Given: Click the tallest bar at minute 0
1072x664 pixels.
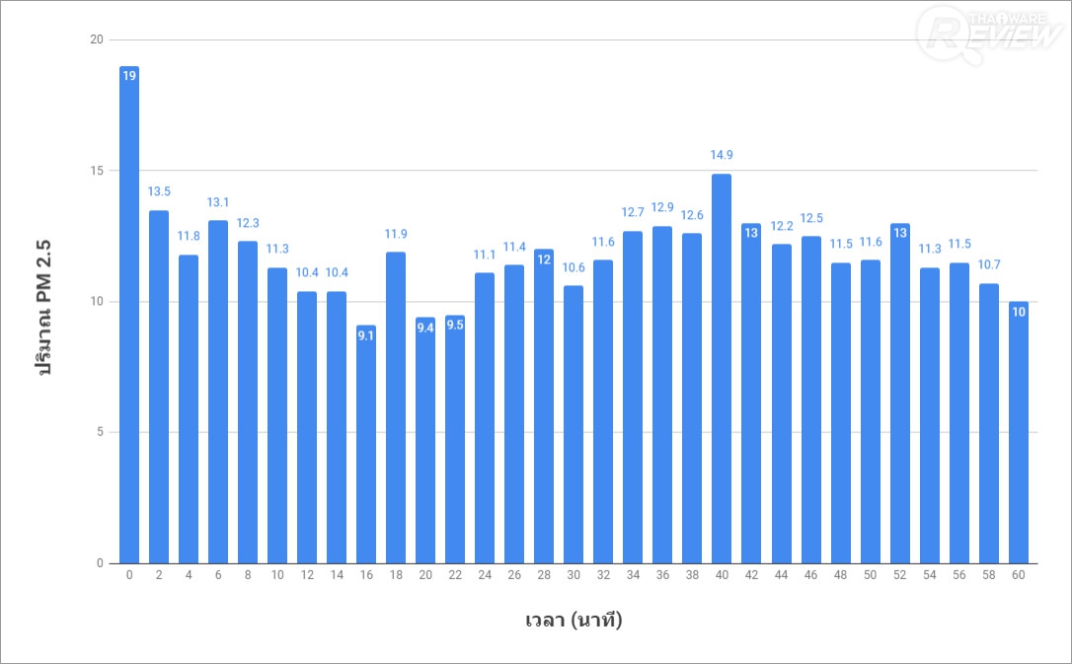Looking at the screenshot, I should [128, 316].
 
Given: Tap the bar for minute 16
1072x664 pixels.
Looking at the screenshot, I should [366, 444].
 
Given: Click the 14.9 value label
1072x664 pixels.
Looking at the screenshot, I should [722, 155].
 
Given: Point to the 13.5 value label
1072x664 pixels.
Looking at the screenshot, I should [159, 191].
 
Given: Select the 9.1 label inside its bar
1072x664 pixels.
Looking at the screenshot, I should [366, 335].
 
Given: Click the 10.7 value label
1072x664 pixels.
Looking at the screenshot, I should [988, 264].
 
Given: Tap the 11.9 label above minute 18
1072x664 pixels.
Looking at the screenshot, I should [396, 233].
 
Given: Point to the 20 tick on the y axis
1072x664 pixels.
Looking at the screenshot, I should [96, 40].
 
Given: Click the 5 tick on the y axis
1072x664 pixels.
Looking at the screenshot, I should [99, 432].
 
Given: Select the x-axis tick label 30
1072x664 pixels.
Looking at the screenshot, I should [574, 575].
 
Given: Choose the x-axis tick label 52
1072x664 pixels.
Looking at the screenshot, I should [899, 575].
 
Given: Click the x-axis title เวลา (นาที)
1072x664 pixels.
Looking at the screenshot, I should [574, 621].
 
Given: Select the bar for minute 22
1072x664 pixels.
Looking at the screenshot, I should [455, 439].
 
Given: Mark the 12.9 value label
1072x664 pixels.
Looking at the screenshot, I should [662, 207].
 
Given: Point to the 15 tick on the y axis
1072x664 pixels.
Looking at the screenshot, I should [96, 171].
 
